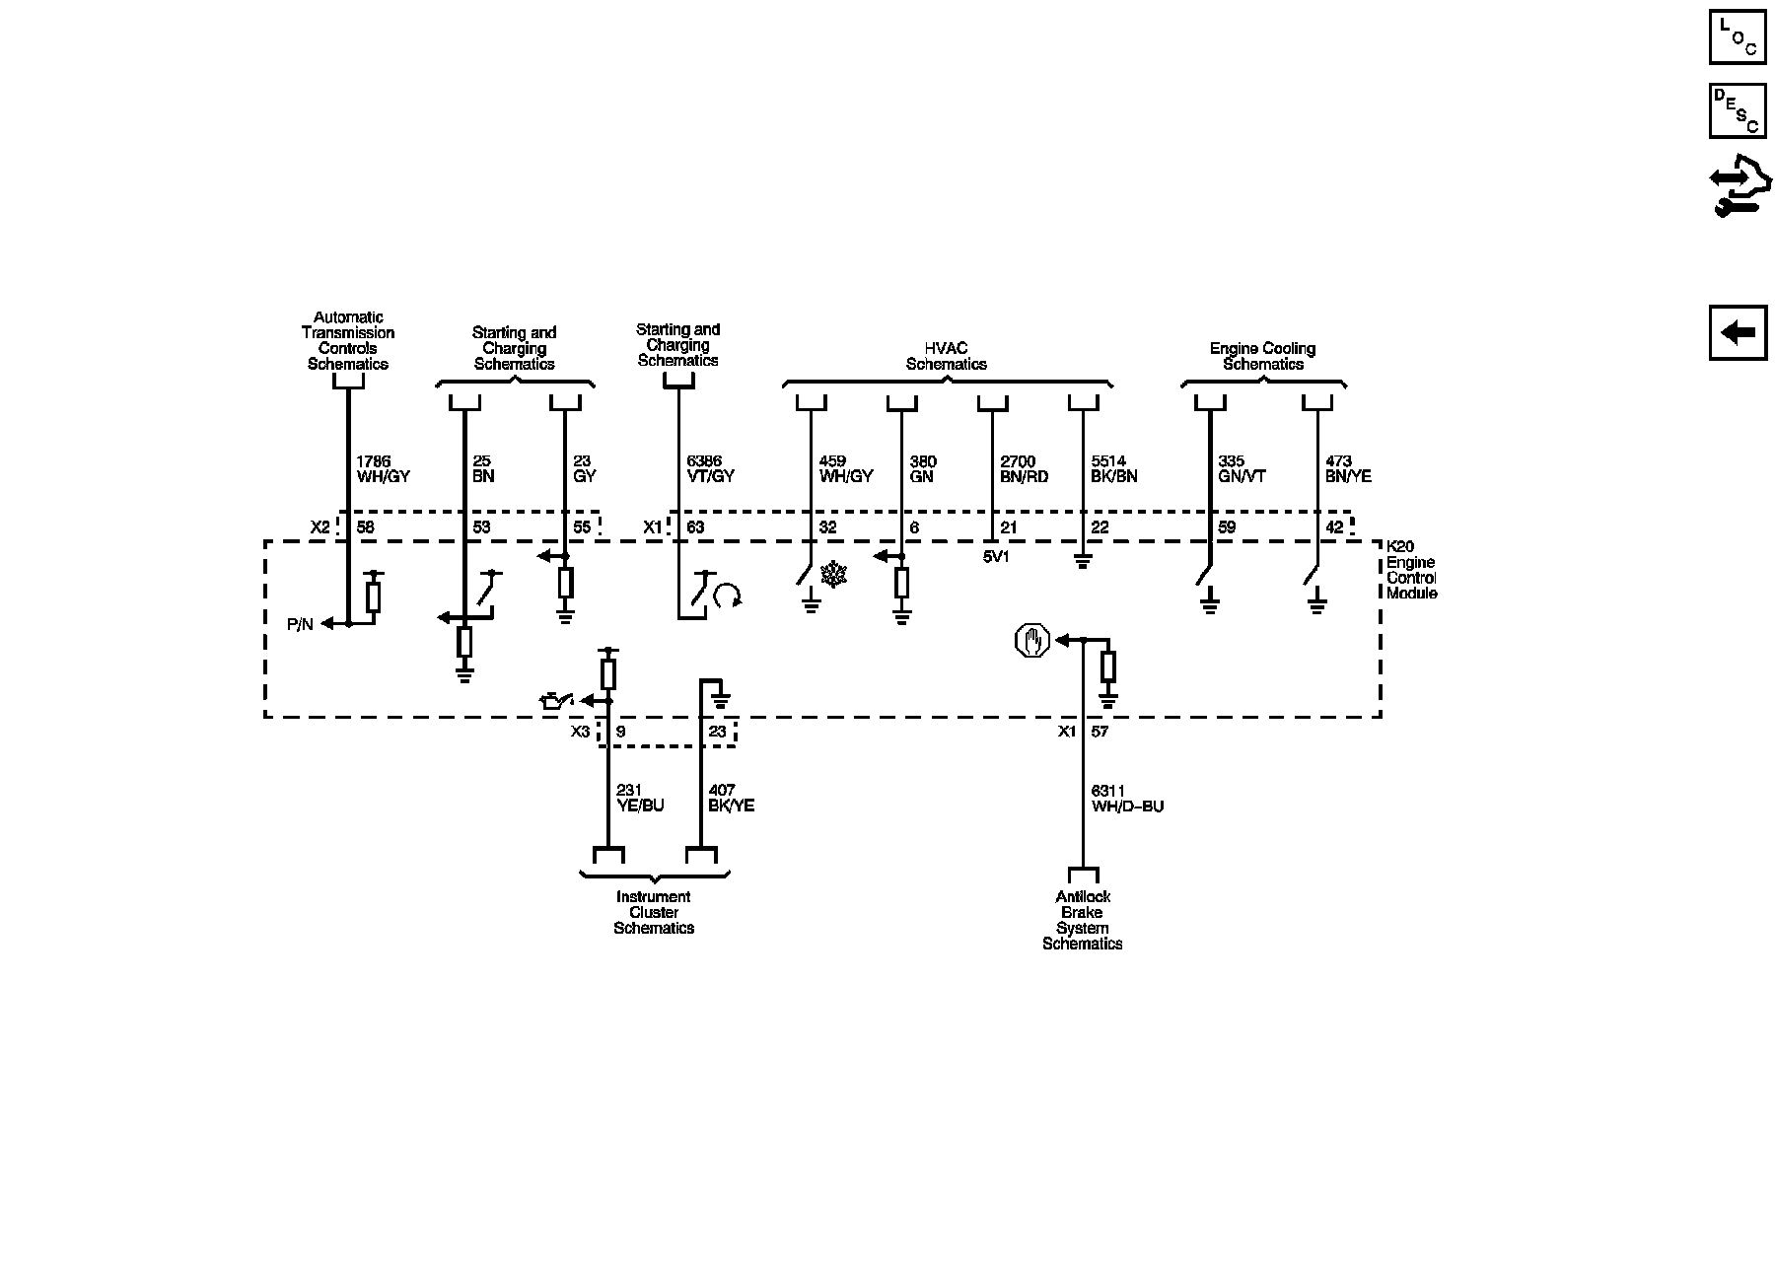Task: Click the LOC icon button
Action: [1738, 37]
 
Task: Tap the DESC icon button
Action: [1738, 109]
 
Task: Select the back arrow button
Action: [1738, 332]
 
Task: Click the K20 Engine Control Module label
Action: [1411, 570]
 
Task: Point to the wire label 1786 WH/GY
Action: [382, 468]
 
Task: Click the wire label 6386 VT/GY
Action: [710, 468]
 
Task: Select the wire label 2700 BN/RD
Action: [1024, 468]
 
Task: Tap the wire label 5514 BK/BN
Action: [1114, 468]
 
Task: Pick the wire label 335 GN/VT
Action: [1242, 468]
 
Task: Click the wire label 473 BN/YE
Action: [1348, 468]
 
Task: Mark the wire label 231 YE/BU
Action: [640, 798]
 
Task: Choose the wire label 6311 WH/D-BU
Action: [1127, 798]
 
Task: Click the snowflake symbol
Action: [834, 575]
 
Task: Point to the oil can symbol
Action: [554, 701]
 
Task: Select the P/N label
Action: [300, 624]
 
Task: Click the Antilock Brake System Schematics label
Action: [1083, 920]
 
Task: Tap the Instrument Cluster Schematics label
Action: [654, 912]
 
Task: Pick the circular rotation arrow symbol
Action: [728, 595]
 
